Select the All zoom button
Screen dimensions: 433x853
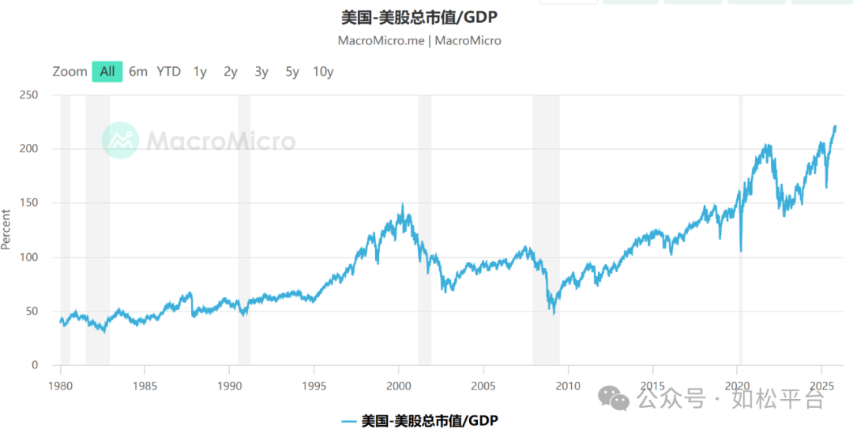[x=107, y=71]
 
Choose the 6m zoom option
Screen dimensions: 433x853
[x=138, y=71]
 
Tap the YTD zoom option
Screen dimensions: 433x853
[x=168, y=71]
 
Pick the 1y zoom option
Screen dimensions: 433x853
[x=200, y=71]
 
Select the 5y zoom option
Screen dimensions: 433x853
[x=292, y=71]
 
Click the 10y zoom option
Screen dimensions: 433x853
[x=323, y=71]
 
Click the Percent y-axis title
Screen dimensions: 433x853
[x=7, y=230]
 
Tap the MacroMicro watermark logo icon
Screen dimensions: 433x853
[x=120, y=140]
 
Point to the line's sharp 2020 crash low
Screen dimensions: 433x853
[x=740, y=251]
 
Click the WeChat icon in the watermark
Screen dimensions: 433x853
[x=614, y=398]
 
